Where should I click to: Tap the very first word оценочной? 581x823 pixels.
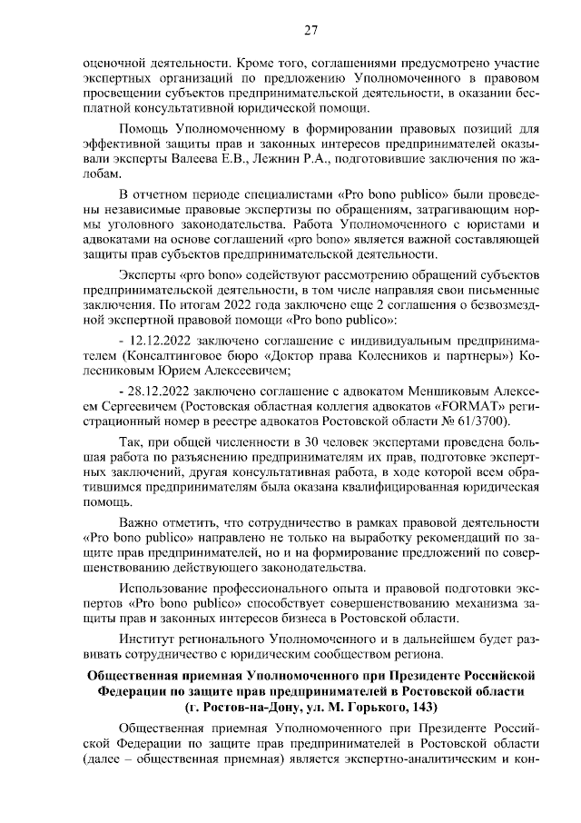pos(113,64)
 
